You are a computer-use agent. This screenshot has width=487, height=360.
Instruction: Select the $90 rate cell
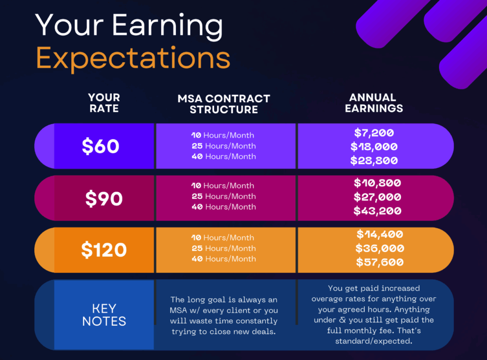(104, 198)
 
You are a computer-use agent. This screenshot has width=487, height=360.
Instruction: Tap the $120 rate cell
(104, 250)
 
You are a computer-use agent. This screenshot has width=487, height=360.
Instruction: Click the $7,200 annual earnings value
(374, 133)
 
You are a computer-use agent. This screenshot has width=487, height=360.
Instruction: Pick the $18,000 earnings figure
(374, 146)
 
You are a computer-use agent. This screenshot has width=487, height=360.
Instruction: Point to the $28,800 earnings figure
(374, 161)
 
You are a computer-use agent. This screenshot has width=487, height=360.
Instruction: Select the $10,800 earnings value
(377, 183)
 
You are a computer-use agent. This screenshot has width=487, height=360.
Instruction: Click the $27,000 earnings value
(377, 197)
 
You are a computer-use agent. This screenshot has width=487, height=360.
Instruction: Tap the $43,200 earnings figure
(377, 211)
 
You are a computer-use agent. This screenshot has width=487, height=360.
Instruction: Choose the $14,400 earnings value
(380, 234)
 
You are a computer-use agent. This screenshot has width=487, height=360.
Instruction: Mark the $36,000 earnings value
(380, 248)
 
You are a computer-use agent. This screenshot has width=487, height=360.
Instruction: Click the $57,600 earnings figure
(380, 262)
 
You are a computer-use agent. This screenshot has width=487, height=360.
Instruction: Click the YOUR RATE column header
(104, 103)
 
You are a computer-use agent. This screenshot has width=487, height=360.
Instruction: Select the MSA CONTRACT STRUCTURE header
(224, 104)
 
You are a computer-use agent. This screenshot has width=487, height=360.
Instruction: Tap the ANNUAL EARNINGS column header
(374, 103)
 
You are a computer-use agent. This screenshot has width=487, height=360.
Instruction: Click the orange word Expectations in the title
(133, 58)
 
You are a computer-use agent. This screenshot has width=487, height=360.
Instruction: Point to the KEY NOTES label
(104, 315)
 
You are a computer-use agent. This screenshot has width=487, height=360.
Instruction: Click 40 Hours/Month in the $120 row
(224, 259)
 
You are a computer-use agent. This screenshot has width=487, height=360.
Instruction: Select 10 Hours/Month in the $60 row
(223, 135)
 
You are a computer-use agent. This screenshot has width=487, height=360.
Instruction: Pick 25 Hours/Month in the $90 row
(224, 196)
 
